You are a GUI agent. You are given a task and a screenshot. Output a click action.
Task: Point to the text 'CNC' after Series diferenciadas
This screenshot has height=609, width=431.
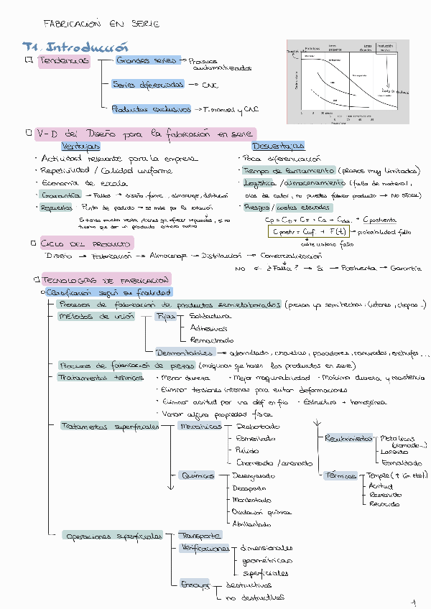click(210, 85)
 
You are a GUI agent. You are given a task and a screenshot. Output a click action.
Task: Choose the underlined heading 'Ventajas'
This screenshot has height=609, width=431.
click(80, 146)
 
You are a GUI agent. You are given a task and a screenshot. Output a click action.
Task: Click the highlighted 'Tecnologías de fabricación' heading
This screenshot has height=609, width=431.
click(105, 279)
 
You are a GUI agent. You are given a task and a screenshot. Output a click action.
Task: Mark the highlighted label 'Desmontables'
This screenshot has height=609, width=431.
click(184, 353)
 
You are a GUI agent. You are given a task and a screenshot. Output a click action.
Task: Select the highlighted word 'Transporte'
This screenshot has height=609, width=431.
click(199, 536)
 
